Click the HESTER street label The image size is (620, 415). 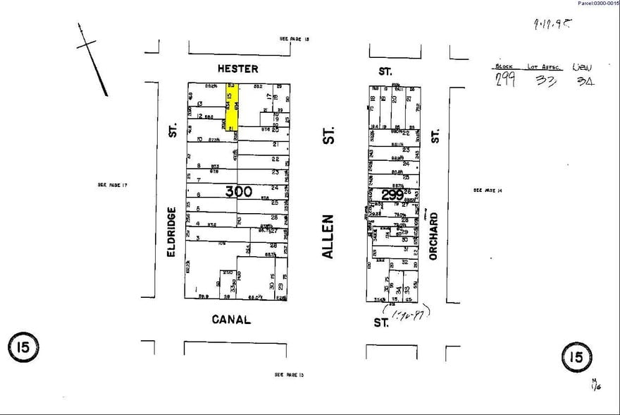(x=237, y=69)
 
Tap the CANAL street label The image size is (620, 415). (x=231, y=320)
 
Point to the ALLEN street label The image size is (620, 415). (x=328, y=236)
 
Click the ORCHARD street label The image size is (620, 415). (x=434, y=236)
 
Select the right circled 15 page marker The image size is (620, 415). (x=576, y=356)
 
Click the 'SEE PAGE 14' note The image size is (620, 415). (x=487, y=190)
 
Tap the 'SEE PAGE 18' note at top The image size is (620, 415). (x=294, y=40)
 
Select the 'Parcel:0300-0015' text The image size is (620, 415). (x=597, y=4)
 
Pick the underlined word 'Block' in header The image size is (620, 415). (x=504, y=66)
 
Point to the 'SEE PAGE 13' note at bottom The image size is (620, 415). (x=289, y=374)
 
